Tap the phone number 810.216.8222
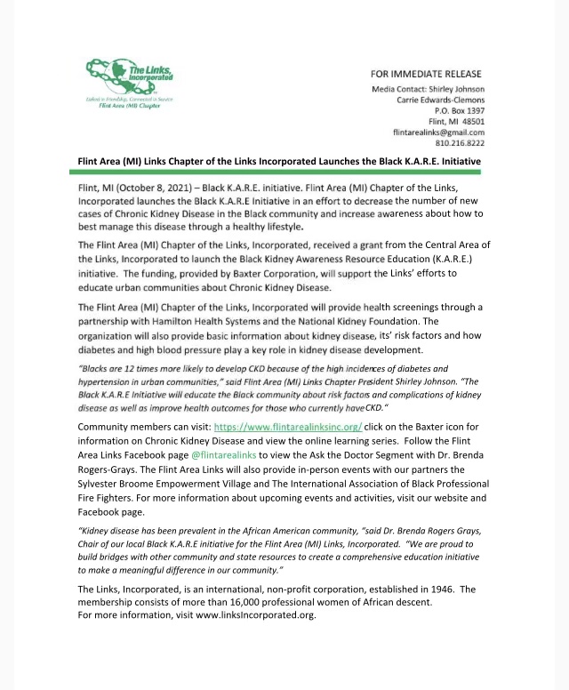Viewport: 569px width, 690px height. (460, 142)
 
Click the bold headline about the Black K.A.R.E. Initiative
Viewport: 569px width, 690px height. (279, 161)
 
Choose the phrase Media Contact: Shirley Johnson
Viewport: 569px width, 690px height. (427, 89)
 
